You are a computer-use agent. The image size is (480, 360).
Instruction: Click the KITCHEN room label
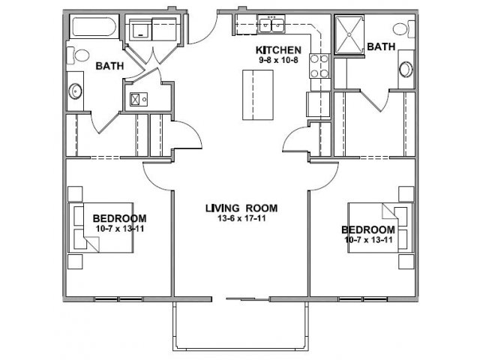(x=278, y=50)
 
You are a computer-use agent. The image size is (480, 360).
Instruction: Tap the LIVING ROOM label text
(x=241, y=208)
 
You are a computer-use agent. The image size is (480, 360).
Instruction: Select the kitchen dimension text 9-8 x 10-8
(x=278, y=60)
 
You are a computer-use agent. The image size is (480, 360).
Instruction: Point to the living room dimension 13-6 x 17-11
(x=241, y=218)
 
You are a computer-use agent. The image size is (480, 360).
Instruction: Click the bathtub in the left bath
(x=94, y=27)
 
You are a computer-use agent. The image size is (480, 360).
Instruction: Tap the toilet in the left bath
(x=78, y=55)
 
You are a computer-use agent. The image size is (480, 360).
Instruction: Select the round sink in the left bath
(x=75, y=91)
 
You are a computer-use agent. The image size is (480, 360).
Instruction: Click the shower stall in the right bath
(x=349, y=34)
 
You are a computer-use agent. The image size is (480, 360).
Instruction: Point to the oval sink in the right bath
(x=406, y=70)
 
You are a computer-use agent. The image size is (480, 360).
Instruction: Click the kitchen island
(x=258, y=95)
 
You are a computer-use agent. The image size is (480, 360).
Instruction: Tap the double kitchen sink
(x=271, y=25)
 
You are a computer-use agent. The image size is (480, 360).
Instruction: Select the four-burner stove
(x=319, y=65)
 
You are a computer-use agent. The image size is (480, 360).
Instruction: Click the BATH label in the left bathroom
(x=109, y=66)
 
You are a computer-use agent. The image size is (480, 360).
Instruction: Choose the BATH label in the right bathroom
(x=381, y=46)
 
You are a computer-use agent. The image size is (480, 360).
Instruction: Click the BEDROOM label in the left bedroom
(x=120, y=218)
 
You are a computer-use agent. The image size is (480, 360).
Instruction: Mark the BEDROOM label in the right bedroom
(x=368, y=229)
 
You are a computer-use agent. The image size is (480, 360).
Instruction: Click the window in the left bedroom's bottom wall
(x=118, y=299)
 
